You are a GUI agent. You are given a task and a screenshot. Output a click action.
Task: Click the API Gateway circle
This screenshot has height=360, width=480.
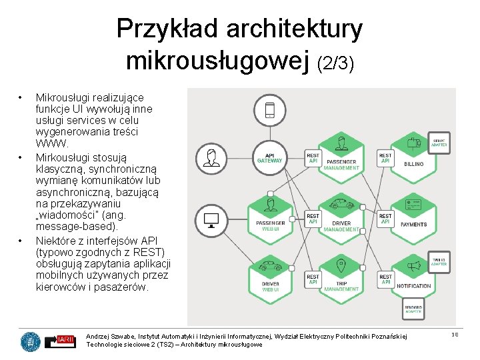click(x=270, y=159)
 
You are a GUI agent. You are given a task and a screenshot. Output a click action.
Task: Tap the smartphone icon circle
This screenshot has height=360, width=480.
click(x=270, y=110)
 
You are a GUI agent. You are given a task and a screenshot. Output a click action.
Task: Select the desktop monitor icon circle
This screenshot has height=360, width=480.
click(x=212, y=219)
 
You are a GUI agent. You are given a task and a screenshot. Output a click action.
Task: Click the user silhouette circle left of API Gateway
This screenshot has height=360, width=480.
click(x=212, y=159)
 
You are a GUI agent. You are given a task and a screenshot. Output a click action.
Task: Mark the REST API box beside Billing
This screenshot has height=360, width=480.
click(x=385, y=158)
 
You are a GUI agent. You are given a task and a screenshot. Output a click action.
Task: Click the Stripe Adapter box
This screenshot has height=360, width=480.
click(x=439, y=141)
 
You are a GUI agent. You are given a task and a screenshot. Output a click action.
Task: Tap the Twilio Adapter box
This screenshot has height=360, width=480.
click(x=439, y=261)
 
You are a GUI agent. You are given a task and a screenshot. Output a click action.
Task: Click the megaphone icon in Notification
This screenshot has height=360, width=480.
click(x=414, y=266)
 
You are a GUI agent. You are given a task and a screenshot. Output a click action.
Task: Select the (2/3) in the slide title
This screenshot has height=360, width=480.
click(x=335, y=63)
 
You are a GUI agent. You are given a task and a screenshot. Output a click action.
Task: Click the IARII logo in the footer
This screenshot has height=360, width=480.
click(x=66, y=341)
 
